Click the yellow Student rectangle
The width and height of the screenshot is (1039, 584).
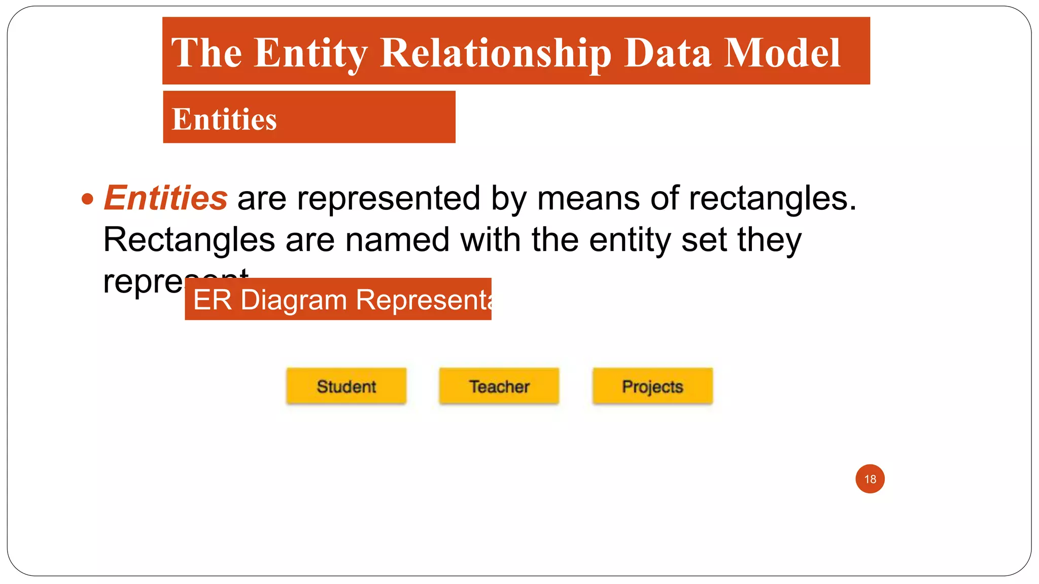click(347, 386)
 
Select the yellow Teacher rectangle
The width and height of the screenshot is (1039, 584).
click(499, 386)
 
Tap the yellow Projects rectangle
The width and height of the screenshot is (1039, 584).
click(652, 386)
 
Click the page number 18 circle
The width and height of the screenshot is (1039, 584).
click(870, 479)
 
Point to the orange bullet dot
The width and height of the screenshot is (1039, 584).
click(88, 199)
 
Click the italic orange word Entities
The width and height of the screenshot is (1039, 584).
click(166, 198)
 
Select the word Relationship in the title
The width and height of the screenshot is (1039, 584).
click(496, 53)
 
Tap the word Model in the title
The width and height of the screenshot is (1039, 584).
click(782, 53)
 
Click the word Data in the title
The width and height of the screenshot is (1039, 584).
click(667, 53)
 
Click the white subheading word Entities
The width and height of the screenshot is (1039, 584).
click(224, 120)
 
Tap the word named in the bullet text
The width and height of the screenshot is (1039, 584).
click(397, 239)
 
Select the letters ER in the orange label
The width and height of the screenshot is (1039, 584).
click(213, 300)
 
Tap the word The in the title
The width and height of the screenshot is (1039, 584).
click(207, 53)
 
